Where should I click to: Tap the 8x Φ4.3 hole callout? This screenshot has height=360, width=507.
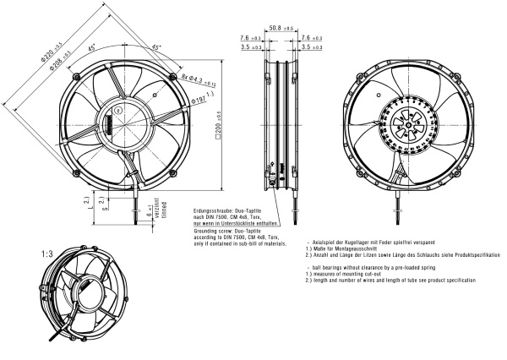[x=196, y=80]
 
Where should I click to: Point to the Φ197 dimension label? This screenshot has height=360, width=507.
[x=197, y=101]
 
